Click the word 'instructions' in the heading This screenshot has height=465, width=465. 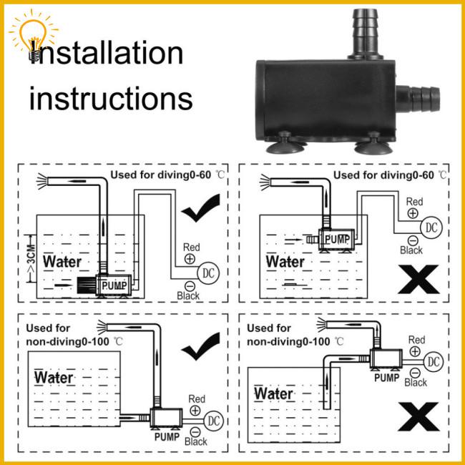click(111, 98)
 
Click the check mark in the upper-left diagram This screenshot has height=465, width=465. click(201, 207)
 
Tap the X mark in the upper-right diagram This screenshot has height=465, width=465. click(418, 279)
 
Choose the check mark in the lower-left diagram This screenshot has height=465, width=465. click(201, 346)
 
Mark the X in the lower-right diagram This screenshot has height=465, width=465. click(418, 416)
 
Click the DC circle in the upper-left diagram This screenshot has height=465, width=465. click(208, 273)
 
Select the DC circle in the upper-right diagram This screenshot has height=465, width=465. click(431, 227)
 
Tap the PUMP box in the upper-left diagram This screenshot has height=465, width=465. click(114, 285)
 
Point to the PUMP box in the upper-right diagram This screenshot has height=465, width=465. click(337, 239)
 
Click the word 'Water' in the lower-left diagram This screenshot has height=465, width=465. click(54, 378)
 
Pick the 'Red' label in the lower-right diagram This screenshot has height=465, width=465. click(416, 340)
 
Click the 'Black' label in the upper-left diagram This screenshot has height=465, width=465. click(188, 295)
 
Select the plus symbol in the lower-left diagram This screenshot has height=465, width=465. click(195, 411)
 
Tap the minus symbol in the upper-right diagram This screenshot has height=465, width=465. click(413, 240)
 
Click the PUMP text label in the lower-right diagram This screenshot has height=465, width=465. click(387, 378)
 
